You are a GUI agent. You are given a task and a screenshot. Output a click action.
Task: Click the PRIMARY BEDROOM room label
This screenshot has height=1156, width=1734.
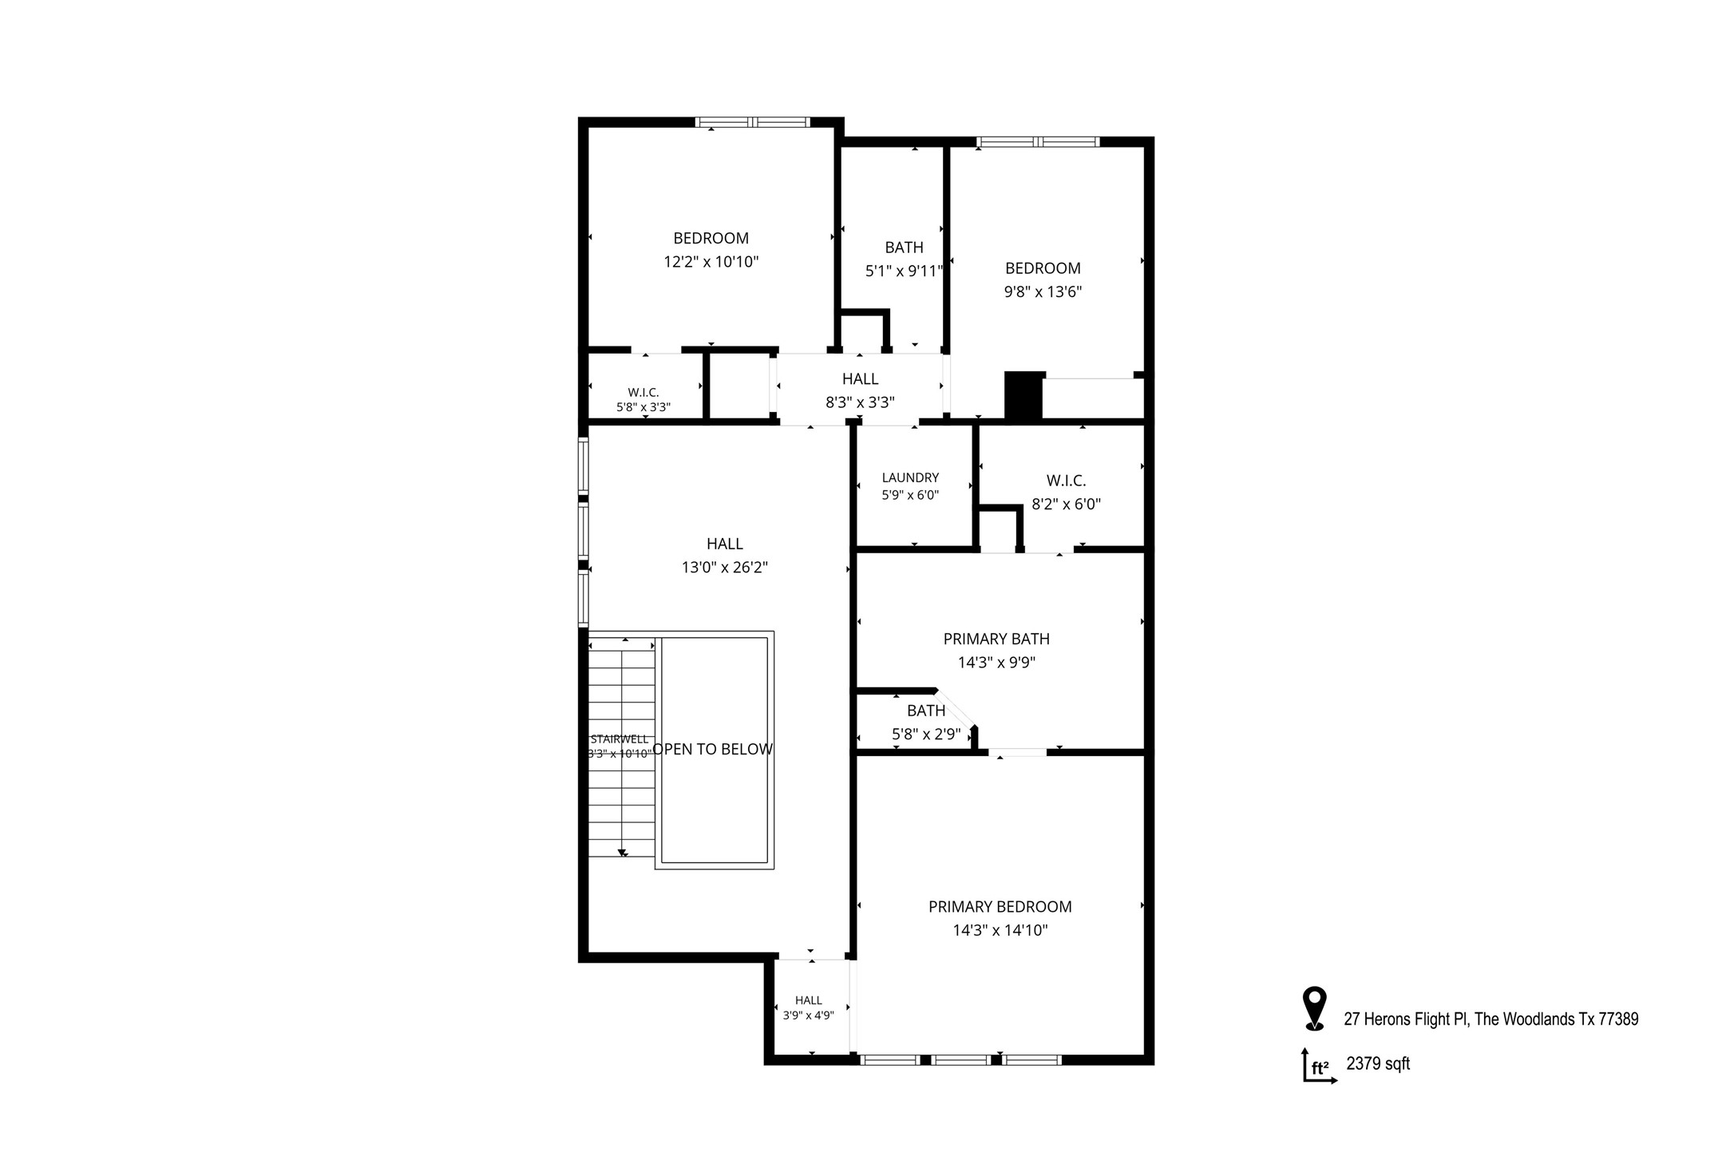pos(1000,907)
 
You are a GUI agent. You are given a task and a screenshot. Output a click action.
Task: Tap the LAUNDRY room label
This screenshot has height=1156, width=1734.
pos(910,477)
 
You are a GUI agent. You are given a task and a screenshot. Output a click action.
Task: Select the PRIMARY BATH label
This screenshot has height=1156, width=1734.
pos(996,639)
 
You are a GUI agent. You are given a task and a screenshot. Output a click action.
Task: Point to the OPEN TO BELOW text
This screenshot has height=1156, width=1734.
pos(712,749)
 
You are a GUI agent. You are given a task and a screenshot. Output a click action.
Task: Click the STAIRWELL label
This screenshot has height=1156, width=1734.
pos(620,739)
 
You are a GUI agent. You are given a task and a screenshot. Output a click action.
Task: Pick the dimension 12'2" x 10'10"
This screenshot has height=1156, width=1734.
pos(711,262)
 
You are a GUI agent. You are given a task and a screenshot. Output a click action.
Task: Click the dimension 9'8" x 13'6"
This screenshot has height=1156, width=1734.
pos(1043,292)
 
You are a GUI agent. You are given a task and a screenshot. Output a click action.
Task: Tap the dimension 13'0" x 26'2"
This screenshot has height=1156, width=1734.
pos(724,568)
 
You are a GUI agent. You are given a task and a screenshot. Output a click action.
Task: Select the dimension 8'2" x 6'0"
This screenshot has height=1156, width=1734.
pos(1066,505)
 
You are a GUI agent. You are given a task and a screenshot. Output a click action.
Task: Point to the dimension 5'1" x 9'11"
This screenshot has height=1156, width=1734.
pos(905,271)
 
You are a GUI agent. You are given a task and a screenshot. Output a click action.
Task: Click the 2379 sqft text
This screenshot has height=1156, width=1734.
pos(1378,1063)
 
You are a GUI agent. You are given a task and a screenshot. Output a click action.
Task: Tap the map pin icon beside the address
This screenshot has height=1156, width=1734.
pos(1314,1008)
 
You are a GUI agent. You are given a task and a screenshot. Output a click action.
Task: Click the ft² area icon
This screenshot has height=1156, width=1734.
pos(1320,1066)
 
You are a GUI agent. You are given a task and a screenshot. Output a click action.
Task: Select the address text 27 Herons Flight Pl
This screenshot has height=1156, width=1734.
pos(1406,1019)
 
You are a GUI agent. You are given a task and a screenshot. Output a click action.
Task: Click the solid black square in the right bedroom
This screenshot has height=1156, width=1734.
pos(1023,396)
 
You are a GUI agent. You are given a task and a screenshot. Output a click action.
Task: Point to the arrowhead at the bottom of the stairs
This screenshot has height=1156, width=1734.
pos(622,853)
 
